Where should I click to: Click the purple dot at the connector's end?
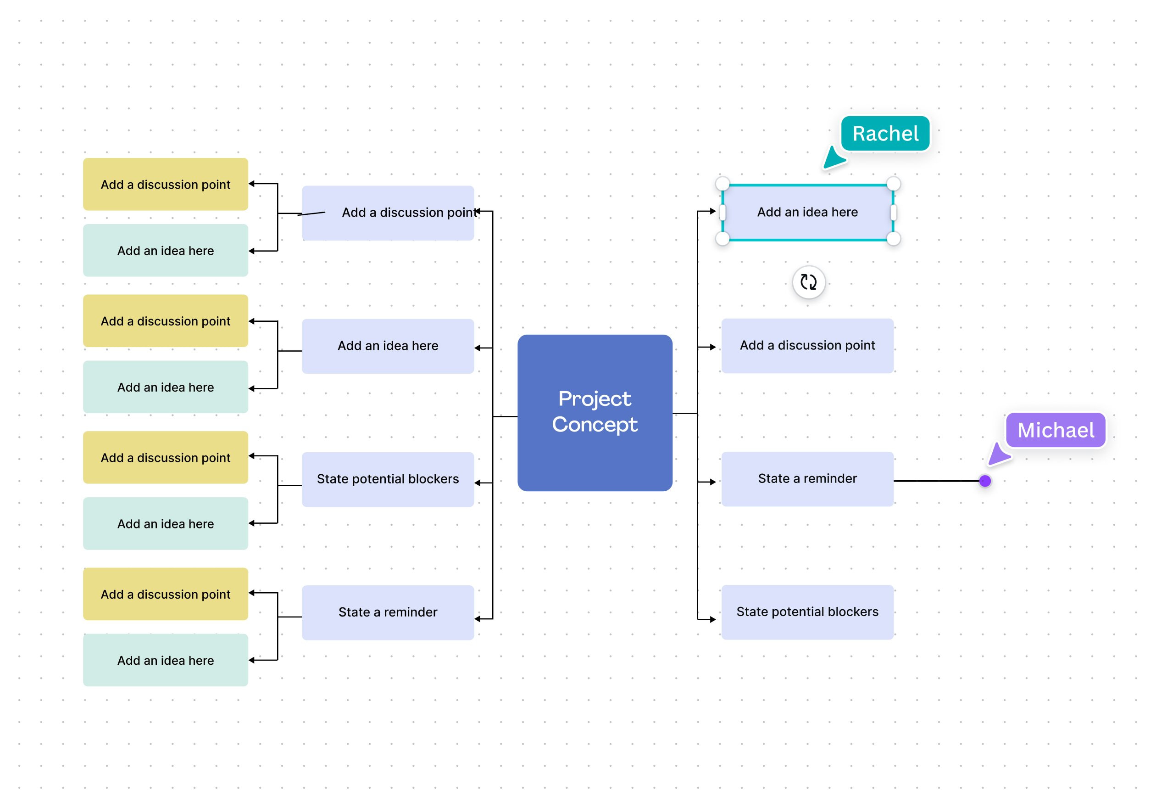click(985, 481)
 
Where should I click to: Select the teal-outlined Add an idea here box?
click(807, 212)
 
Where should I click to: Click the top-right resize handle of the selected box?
click(893, 183)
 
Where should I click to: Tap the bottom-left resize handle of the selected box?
click(722, 239)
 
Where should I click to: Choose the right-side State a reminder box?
click(807, 478)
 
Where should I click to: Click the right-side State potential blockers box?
click(807, 612)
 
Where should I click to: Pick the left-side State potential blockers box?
click(388, 478)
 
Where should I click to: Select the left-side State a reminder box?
click(388, 612)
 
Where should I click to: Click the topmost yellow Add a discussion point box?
click(165, 185)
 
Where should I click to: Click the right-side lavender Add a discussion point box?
click(807, 346)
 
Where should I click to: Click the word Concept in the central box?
click(595, 425)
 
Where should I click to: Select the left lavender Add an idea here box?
click(388, 346)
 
